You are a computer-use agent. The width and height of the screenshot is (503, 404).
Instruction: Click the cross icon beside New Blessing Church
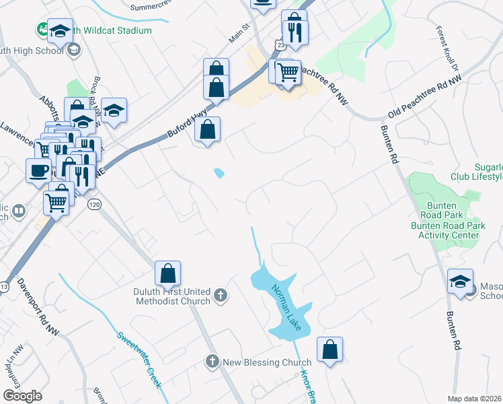(x=212, y=362)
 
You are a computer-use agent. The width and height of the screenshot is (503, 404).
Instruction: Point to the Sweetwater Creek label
(x=140, y=360)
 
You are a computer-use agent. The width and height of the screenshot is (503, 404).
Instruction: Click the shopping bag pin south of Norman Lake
(x=330, y=350)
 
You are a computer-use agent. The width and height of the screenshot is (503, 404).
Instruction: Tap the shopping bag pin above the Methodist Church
(x=167, y=274)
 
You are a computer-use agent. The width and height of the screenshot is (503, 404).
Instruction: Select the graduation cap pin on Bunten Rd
(x=461, y=282)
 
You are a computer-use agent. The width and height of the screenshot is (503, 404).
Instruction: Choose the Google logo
(x=22, y=396)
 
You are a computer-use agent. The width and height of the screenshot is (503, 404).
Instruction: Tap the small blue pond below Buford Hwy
(x=219, y=173)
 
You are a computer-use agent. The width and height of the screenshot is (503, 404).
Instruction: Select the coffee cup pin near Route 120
(x=38, y=171)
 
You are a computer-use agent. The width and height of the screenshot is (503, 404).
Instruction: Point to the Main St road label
(x=239, y=33)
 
